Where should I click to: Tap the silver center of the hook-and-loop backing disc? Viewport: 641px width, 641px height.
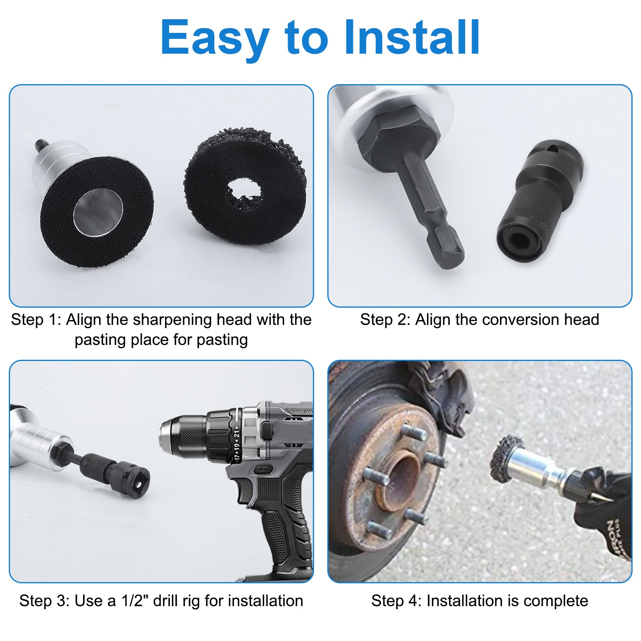(x=98, y=211)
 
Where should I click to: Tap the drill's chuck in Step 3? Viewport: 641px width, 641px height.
(x=188, y=437)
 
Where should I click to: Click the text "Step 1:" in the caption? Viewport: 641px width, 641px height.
(x=36, y=320)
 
